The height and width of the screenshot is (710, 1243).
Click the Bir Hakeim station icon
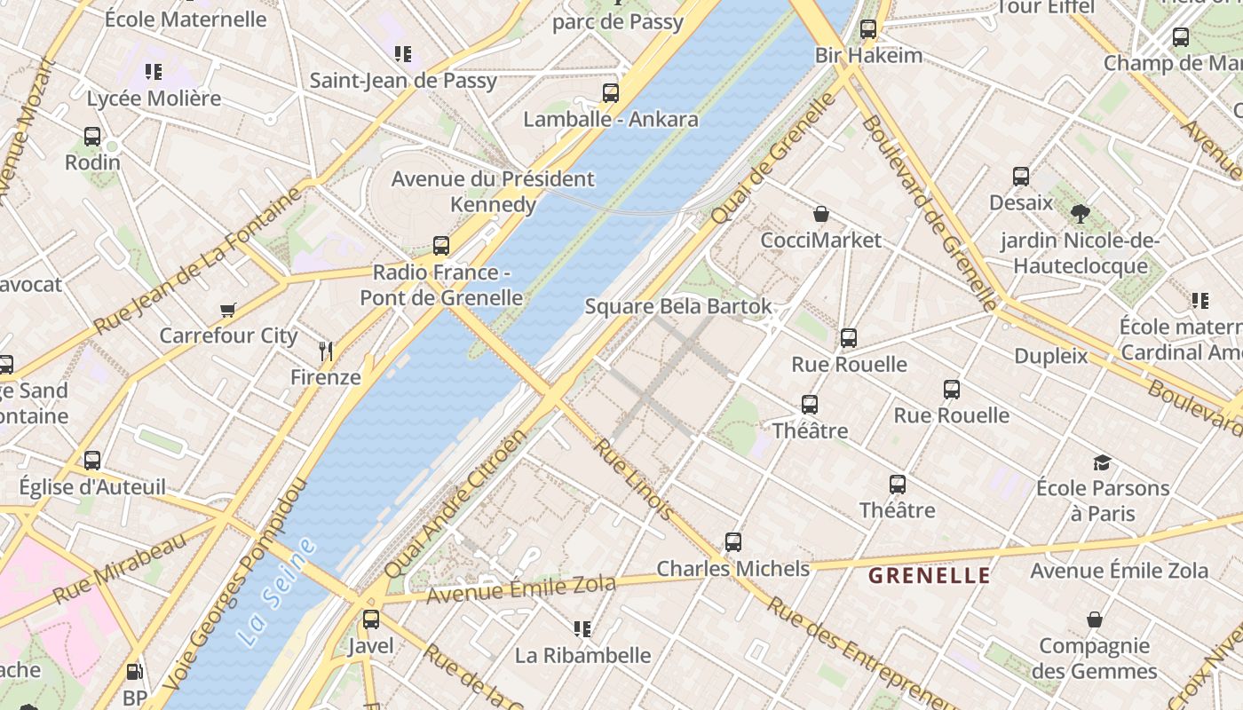(x=868, y=29)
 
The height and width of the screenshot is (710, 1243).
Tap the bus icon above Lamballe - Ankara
(x=610, y=93)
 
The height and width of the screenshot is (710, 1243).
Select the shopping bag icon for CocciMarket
(x=821, y=214)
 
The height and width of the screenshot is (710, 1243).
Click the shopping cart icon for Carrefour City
(x=228, y=310)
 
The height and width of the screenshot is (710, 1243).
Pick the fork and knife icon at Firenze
(x=326, y=351)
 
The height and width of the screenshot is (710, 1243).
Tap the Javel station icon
(x=370, y=619)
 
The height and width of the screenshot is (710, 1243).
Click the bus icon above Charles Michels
(x=732, y=541)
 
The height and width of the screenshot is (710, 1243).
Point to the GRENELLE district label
(x=929, y=576)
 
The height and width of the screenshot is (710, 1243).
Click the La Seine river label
(x=277, y=592)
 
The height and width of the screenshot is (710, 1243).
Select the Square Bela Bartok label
(x=678, y=307)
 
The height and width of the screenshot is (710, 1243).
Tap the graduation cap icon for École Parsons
(x=1102, y=462)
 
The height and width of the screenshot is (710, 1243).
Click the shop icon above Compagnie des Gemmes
(x=1094, y=619)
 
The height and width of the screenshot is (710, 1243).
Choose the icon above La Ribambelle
(x=582, y=629)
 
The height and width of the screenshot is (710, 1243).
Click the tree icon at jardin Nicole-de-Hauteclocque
(x=1080, y=214)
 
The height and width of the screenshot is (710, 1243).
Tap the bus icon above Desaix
(x=1020, y=177)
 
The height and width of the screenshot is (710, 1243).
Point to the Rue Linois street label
(x=633, y=478)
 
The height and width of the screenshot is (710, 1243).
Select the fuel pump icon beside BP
(x=134, y=673)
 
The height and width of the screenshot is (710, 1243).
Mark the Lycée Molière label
(x=154, y=99)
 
